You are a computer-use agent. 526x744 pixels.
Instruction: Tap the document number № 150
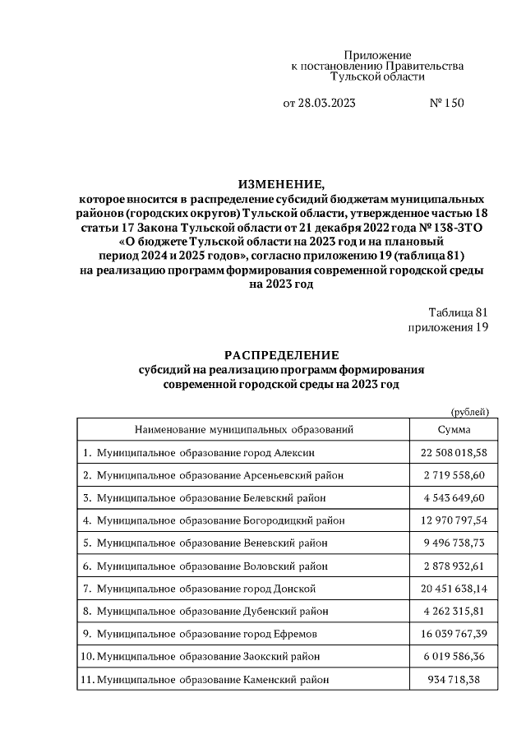pos(447,104)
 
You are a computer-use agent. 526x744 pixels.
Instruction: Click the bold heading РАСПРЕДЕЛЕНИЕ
pos(281,355)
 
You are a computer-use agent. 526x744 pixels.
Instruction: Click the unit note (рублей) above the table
pos(469,411)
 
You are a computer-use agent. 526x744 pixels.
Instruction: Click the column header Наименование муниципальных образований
pos(244,429)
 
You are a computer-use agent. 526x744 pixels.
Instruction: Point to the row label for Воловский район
pos(210,566)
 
